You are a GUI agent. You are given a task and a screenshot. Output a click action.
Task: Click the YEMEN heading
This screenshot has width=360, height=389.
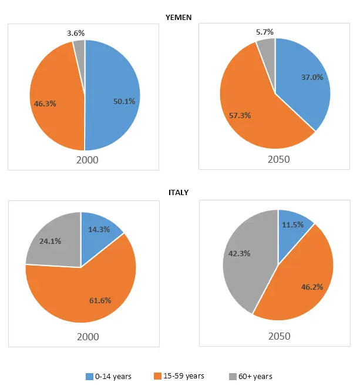[179, 18]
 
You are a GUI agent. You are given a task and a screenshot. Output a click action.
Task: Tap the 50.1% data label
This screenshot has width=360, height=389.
[124, 101]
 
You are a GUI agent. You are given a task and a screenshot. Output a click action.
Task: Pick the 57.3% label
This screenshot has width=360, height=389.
[239, 115]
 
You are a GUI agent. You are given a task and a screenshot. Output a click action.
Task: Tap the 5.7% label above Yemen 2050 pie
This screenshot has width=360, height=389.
[264, 32]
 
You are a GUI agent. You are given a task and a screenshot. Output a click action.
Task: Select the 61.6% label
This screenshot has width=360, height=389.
[99, 300]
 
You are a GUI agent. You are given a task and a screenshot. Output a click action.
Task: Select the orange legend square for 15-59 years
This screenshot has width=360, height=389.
[157, 376]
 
